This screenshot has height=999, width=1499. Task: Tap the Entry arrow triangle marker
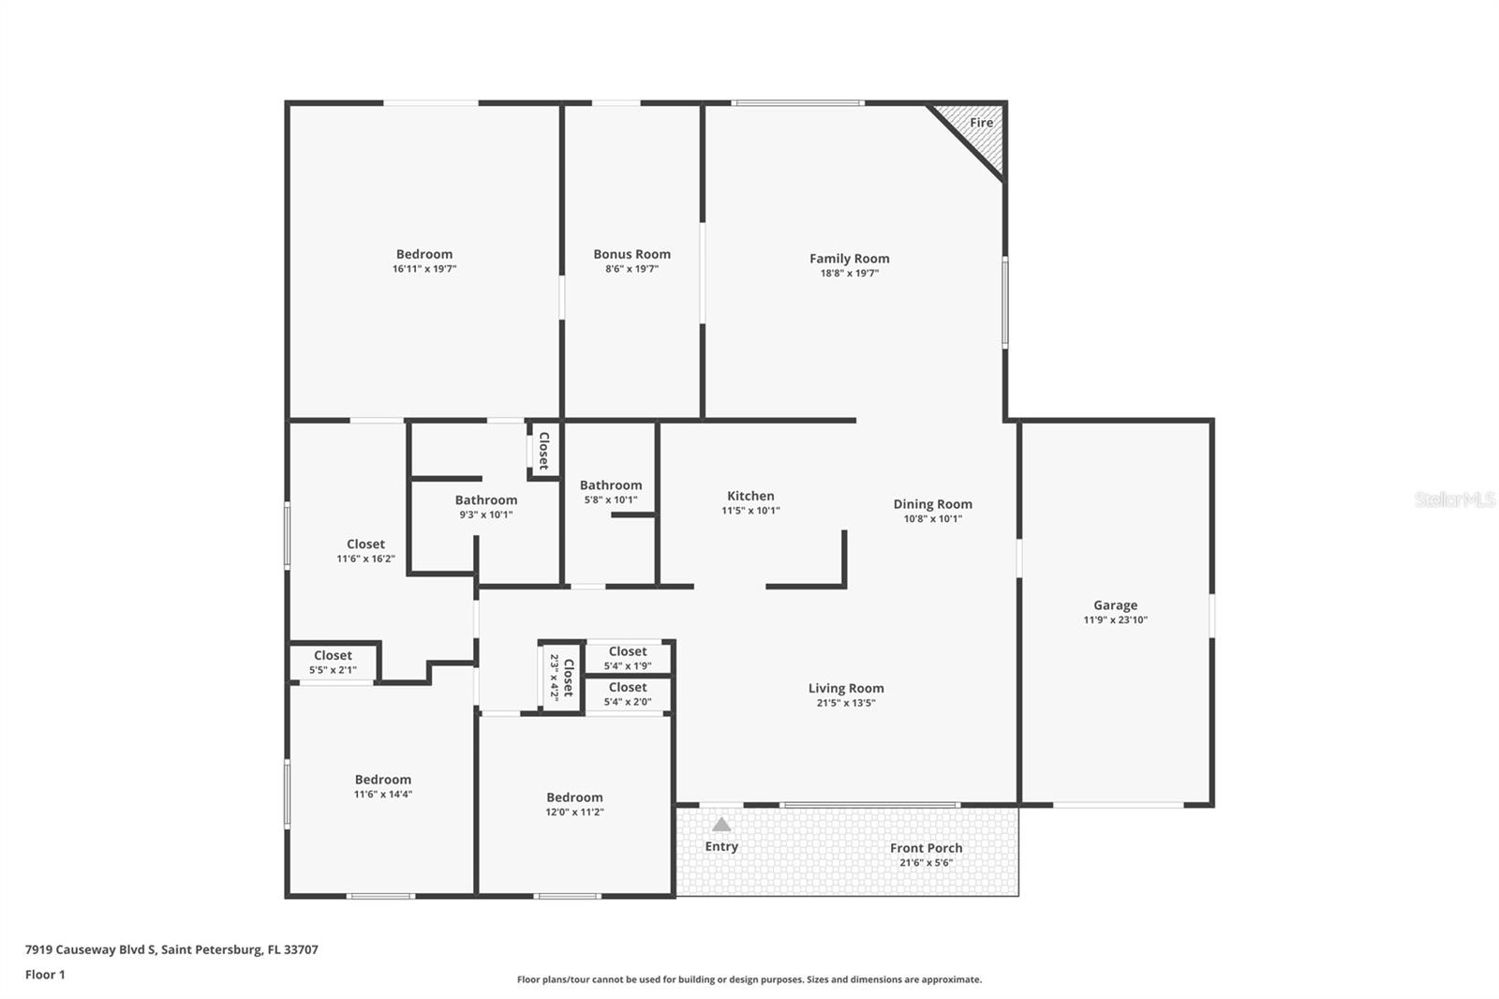point(720,825)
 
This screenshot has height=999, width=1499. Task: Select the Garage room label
point(1115,605)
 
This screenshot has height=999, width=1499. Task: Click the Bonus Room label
point(631,254)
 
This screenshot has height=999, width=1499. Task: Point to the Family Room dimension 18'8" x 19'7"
point(849,274)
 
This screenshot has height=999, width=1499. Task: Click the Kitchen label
point(750,496)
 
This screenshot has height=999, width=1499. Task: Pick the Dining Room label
point(932,504)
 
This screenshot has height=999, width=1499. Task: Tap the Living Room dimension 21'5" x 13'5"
point(845,703)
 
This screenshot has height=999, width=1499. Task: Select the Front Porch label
point(926,848)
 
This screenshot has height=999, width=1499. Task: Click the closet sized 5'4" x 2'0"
point(627,694)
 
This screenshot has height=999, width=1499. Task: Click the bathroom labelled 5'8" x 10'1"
point(610,492)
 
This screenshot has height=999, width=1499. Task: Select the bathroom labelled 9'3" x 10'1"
point(485,507)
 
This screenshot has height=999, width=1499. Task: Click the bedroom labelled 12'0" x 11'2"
point(574,804)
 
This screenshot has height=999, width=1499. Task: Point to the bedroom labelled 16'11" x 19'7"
point(423,261)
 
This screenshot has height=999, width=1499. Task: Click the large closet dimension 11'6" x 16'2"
point(365,559)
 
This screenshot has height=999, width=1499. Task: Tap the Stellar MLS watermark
point(1454,499)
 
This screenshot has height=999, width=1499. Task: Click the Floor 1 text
point(45,975)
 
